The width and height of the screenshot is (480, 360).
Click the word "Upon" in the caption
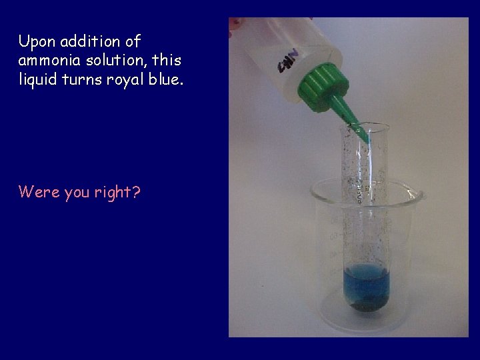point(36,42)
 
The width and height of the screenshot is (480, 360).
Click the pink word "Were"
point(39,193)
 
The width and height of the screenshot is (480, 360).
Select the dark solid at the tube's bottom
point(365,307)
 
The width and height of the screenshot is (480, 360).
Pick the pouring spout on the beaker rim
point(418,194)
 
